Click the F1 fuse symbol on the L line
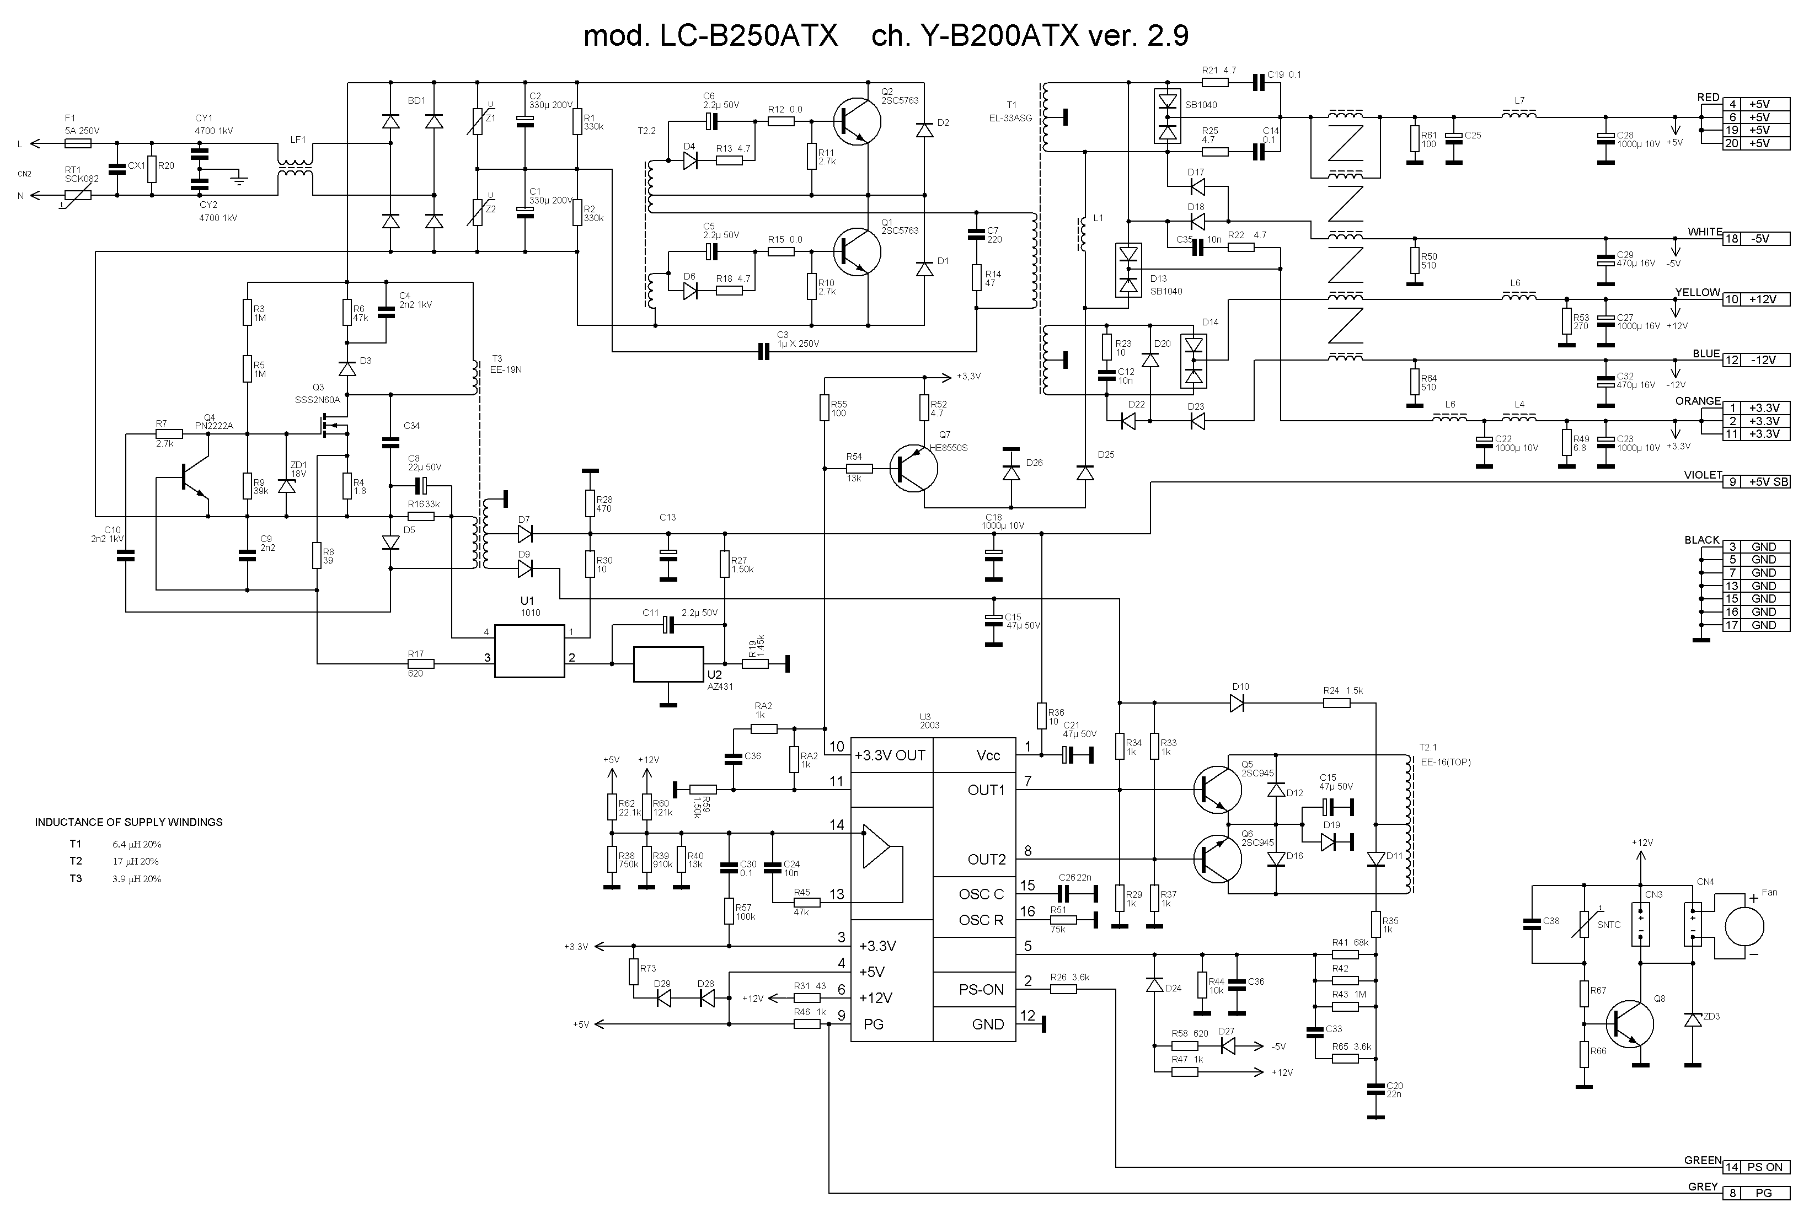(78, 143)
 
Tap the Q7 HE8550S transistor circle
(914, 469)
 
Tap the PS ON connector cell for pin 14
(1765, 1167)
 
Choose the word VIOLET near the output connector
(1703, 475)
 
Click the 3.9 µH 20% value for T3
(137, 878)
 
